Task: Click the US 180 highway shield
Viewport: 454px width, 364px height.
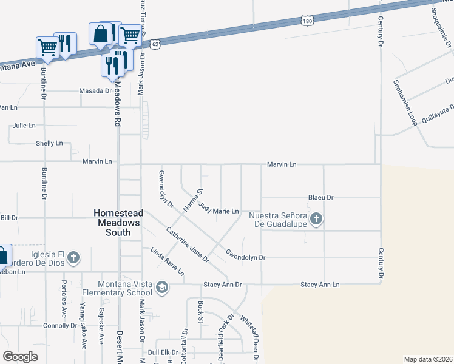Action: (307, 21)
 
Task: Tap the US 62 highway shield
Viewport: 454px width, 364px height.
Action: (156, 44)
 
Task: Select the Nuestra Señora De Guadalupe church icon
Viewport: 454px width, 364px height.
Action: (315, 219)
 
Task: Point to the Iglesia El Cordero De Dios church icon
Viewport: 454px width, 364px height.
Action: (73, 258)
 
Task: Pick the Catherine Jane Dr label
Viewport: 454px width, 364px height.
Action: (188, 244)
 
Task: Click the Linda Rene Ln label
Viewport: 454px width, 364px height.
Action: (168, 261)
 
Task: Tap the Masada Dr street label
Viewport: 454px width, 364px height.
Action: (96, 91)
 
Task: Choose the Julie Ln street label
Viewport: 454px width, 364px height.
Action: (24, 126)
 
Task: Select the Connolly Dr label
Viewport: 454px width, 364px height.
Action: (60, 326)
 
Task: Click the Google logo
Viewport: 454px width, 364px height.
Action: (21, 357)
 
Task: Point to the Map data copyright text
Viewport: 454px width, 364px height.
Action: (428, 359)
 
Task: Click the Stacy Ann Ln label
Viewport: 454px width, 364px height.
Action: (320, 285)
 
